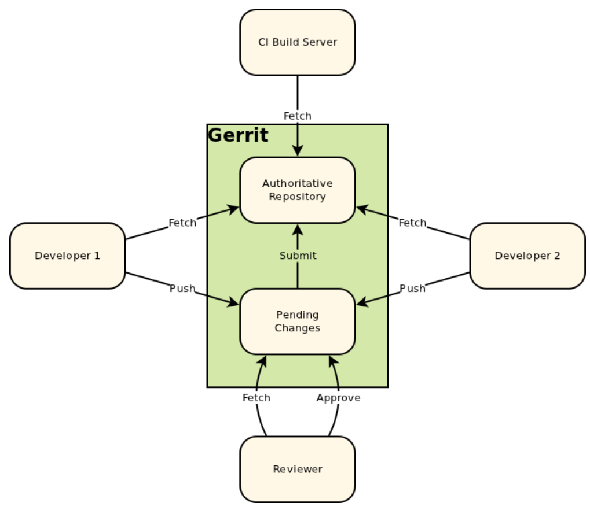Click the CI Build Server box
[297, 42]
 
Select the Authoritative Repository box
[297, 190]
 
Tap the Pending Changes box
[297, 321]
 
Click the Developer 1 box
[67, 256]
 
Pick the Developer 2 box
[527, 256]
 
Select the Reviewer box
[297, 469]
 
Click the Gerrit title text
[238, 135]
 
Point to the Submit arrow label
[298, 256]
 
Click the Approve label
[338, 398]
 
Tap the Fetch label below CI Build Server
[297, 116]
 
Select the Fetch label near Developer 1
[182, 223]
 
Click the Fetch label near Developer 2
[412, 223]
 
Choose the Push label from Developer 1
[182, 288]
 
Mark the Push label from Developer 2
[412, 288]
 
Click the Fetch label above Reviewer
[256, 398]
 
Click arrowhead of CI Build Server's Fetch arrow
[298, 150]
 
